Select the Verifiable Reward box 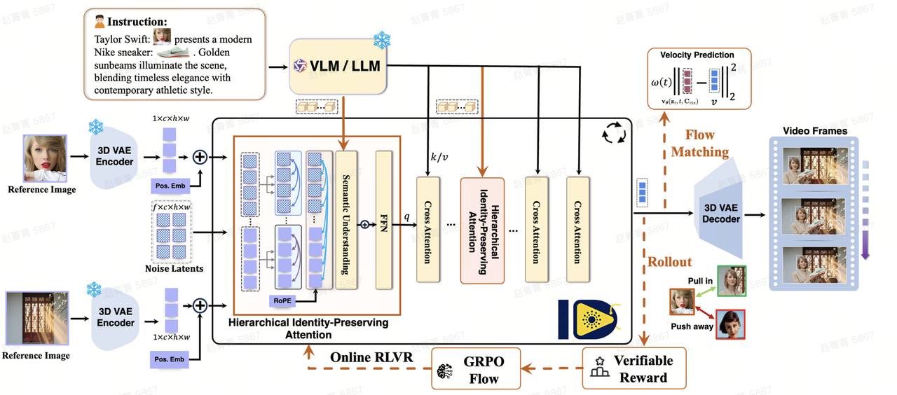(x=634, y=368)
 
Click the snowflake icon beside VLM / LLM (x=382, y=41)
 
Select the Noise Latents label (x=174, y=268)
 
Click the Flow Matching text (x=700, y=143)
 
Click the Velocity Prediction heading (x=697, y=55)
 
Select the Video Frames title (x=815, y=130)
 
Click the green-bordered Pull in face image (x=732, y=281)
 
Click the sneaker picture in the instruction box (x=177, y=51)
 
